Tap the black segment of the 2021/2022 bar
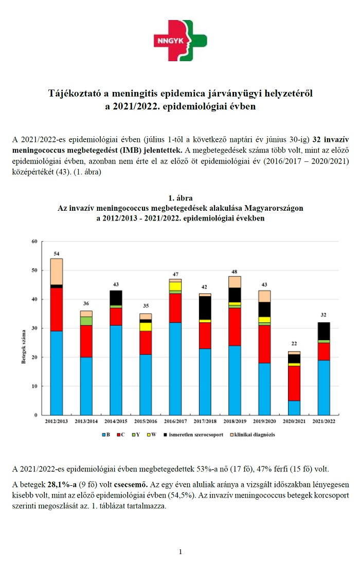click(x=324, y=331)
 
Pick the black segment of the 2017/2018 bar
click(x=205, y=308)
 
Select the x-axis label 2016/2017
click(x=175, y=421)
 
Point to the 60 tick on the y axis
click(x=34, y=241)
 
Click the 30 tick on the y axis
click(x=34, y=328)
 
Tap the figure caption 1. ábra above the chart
click(x=180, y=198)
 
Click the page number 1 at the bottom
click(x=181, y=552)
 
